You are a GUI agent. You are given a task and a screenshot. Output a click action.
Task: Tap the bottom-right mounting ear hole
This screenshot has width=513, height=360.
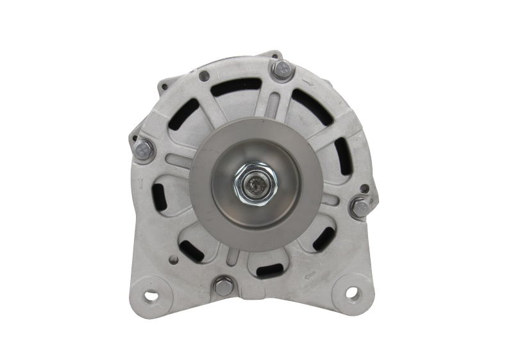(353, 295)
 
